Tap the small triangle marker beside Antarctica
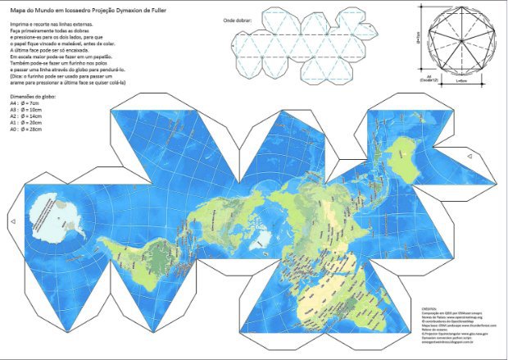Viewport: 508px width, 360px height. coord(11,221)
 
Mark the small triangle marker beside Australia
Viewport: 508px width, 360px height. coord(468,153)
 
